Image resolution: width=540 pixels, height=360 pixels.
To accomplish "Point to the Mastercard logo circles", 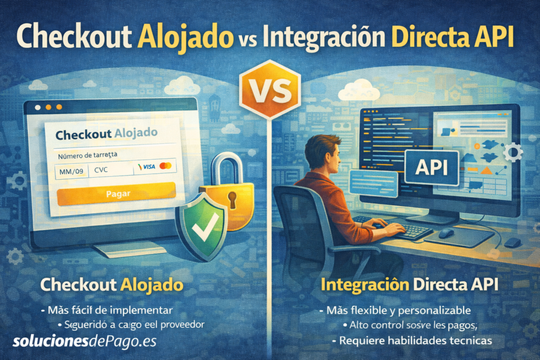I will click(x=165, y=167).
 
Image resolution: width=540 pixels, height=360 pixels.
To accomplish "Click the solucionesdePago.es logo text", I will click(x=85, y=340).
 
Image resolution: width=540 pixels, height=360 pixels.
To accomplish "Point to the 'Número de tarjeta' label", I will click(x=87, y=155).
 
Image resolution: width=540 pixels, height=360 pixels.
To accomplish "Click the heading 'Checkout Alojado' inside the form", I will click(x=105, y=134).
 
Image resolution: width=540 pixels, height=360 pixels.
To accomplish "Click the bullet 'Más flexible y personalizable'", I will click(x=398, y=310).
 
